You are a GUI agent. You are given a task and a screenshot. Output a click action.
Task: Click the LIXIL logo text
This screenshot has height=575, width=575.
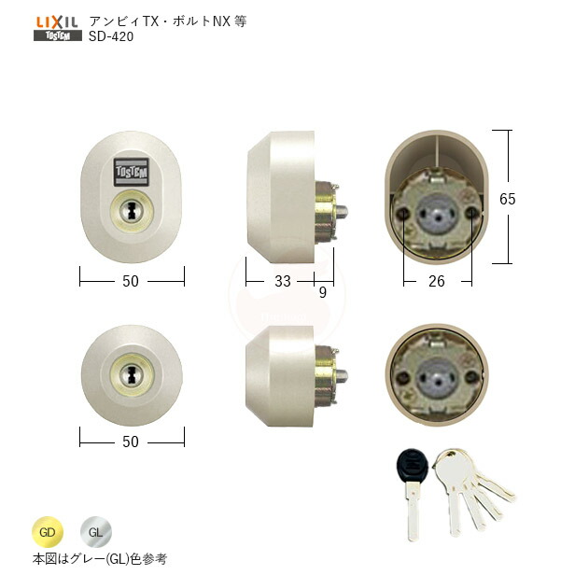pos(56,20)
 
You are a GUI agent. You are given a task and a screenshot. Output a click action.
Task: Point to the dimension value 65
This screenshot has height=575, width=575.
pos(531,199)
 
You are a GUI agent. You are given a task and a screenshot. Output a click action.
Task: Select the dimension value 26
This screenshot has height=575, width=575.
pos(437,279)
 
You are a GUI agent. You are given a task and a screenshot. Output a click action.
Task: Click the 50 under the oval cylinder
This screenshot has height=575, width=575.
pos(131,279)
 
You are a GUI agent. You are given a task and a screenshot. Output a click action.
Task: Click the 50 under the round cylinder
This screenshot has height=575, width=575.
pos(131,442)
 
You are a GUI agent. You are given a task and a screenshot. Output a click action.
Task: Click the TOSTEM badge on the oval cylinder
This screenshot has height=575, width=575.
pos(131,171)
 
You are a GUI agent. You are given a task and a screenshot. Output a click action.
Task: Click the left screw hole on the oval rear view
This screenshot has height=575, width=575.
pos(403,215)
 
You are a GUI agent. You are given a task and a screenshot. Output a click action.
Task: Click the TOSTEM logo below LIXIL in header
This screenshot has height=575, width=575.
pos(56,36)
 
